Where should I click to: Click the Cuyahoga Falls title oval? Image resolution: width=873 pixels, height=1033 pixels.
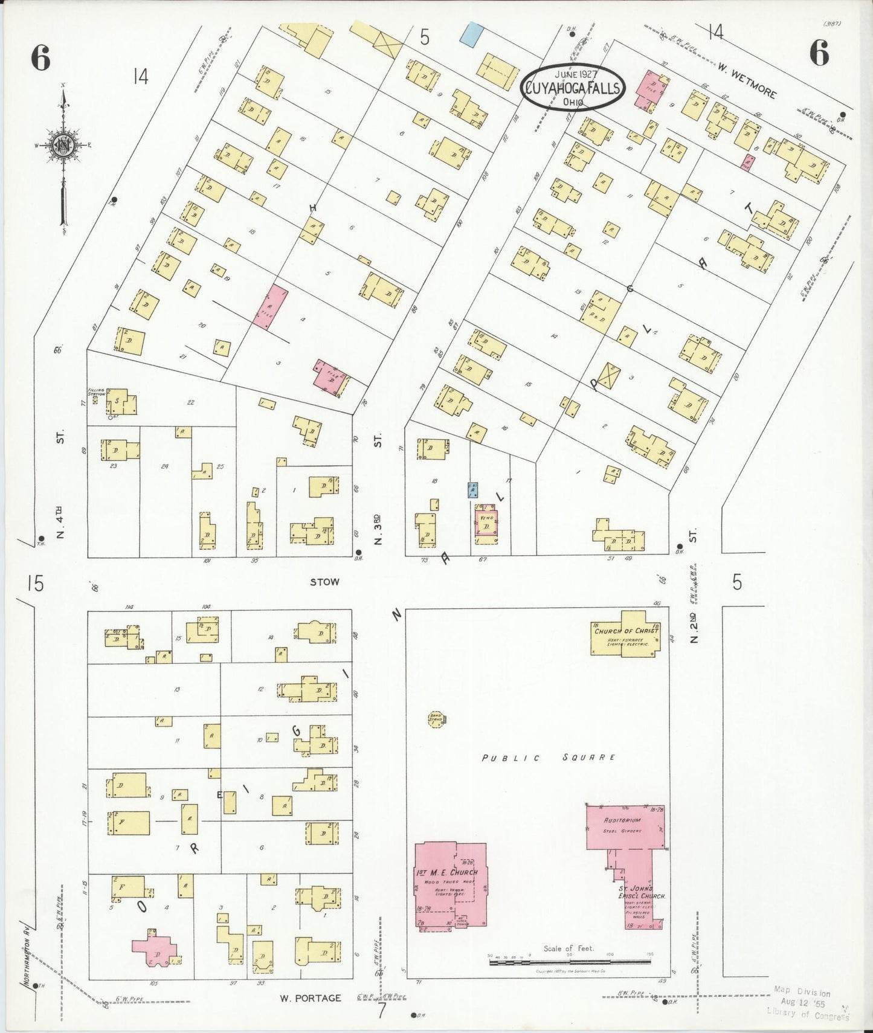(572, 88)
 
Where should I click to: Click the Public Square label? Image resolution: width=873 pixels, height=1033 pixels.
(549, 758)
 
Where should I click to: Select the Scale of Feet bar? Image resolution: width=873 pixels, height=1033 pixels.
(570, 960)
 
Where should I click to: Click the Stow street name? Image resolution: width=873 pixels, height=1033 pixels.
(324, 582)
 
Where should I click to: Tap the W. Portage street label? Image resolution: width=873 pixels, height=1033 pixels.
(310, 998)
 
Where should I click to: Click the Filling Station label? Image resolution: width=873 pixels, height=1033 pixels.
(96, 392)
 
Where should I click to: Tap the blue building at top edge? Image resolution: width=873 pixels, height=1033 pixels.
(471, 34)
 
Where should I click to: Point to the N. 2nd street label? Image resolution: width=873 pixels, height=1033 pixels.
(694, 628)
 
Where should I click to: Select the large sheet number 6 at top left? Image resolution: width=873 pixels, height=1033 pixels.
(40, 58)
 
